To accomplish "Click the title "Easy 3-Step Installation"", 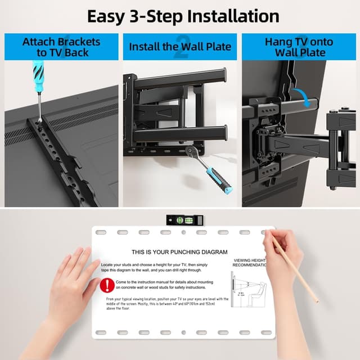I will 183,16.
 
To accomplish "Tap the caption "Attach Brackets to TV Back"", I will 61,47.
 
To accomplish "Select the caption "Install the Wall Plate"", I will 180,47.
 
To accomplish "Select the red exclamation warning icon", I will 107,285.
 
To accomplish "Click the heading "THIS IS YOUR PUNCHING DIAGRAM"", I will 179,253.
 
